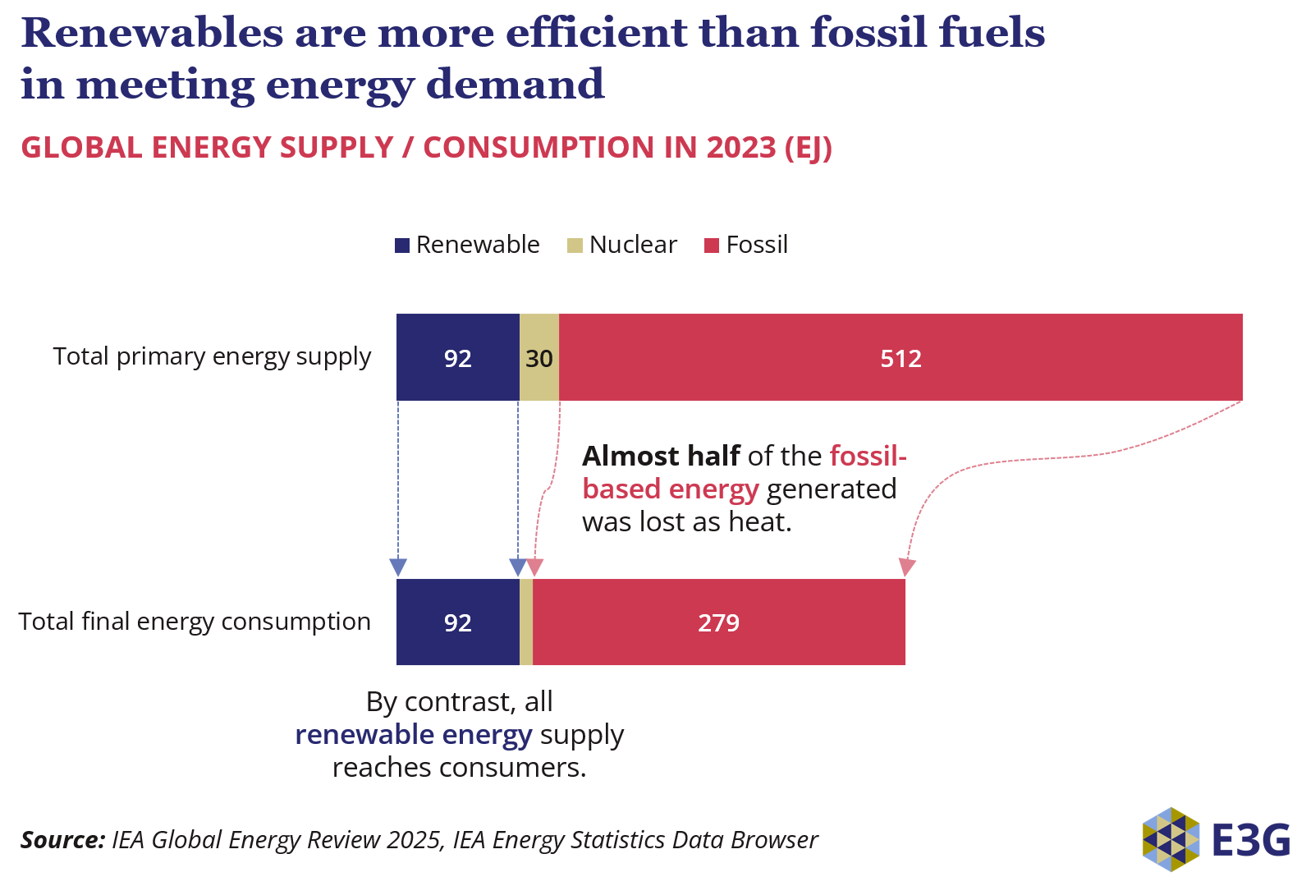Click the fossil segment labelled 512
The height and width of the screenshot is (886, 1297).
point(901,358)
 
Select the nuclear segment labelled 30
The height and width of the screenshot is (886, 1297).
point(539,358)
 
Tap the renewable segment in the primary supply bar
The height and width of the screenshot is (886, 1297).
point(457,358)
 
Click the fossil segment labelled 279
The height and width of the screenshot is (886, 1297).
point(718,622)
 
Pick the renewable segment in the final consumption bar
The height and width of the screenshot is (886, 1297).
point(457,622)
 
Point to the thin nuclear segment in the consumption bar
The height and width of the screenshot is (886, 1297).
point(526,622)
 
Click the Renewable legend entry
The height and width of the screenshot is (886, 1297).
point(467,245)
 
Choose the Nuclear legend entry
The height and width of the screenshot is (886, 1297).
point(622,245)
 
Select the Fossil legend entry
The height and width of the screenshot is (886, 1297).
point(746,245)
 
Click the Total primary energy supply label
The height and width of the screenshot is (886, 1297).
point(212,356)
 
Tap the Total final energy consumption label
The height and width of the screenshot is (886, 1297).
point(195,622)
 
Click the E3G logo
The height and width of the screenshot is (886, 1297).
point(1216,839)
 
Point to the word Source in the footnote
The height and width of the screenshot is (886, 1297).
point(62,840)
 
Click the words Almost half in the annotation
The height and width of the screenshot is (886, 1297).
point(661,456)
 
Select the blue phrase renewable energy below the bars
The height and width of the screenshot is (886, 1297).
point(413,734)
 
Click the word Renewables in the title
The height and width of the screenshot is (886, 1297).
point(151,33)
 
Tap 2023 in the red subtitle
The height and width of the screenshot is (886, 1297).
point(740,148)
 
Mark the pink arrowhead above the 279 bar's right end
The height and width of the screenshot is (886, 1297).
point(906,567)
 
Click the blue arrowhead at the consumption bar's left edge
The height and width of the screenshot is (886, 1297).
point(398,567)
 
